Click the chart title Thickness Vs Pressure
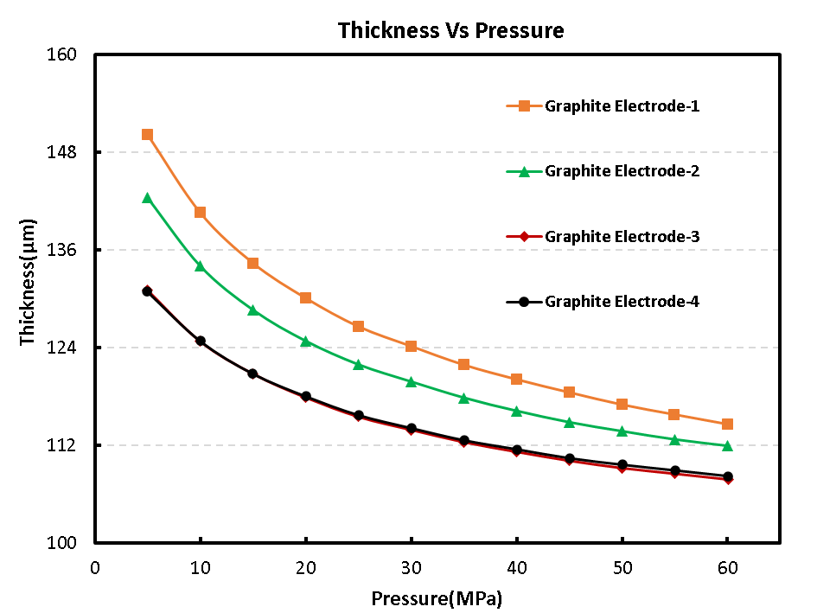point(450,31)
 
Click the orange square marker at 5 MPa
point(147,135)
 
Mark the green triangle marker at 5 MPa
point(147,198)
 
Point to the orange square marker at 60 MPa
point(727,425)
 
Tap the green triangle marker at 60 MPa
point(727,445)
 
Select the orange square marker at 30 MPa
point(412,347)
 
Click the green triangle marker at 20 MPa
point(305,341)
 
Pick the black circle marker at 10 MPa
point(201,341)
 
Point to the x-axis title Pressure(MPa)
point(437,598)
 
